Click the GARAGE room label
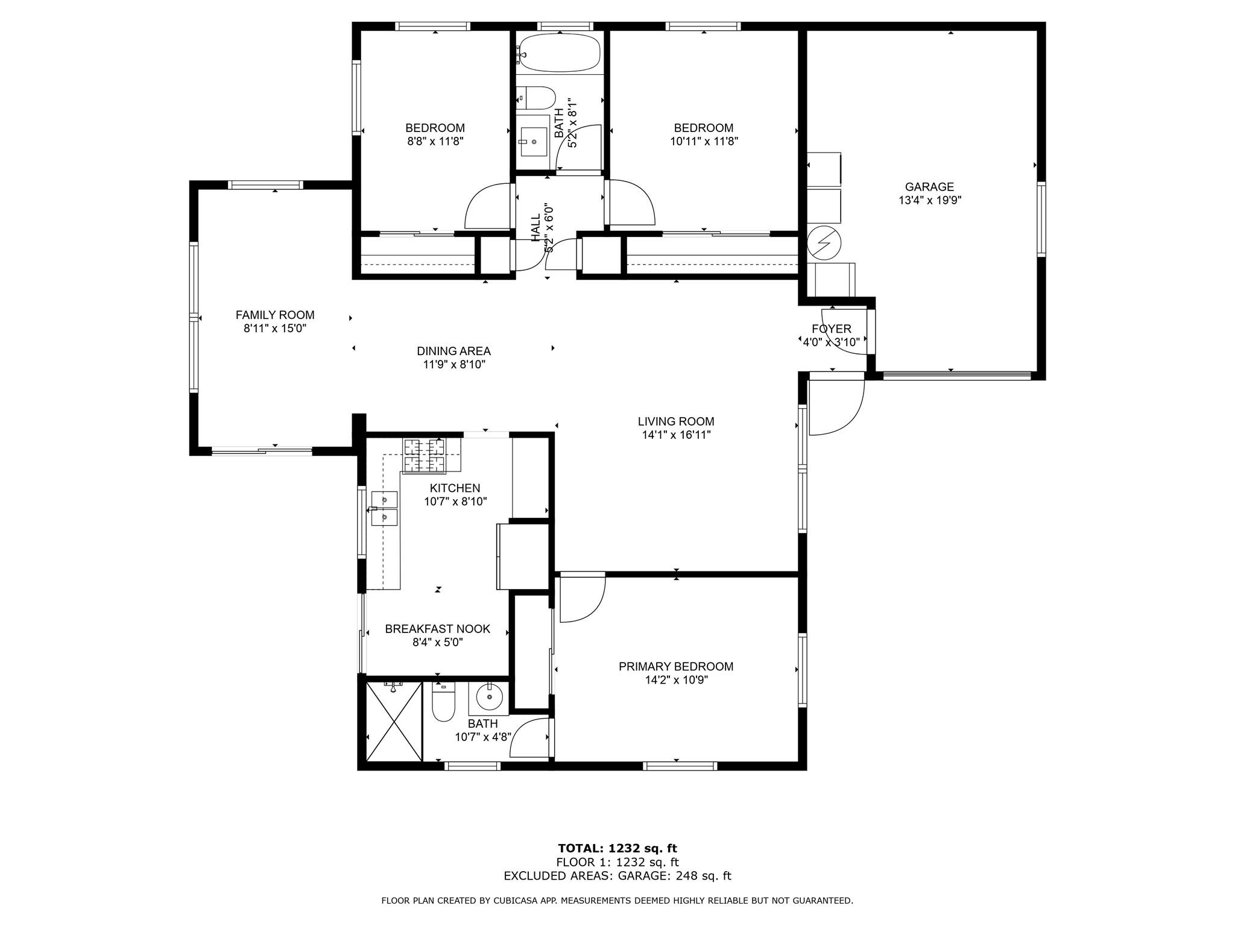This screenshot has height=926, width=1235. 929,187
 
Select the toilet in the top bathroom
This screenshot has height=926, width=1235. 536,98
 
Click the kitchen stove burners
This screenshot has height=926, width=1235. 424,455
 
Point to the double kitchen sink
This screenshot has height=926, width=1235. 385,508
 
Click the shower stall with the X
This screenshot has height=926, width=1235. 394,721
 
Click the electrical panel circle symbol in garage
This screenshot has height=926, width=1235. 824,242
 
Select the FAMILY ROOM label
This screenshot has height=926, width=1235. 275,315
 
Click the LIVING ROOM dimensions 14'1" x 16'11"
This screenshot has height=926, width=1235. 676,435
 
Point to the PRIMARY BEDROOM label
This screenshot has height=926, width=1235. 676,666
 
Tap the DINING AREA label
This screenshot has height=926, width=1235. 453,351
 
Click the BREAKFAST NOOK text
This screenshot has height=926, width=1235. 438,629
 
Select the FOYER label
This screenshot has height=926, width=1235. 832,329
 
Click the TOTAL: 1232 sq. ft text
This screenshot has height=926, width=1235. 617,849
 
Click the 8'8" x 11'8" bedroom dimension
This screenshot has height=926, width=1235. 435,142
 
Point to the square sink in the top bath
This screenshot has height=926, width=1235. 534,142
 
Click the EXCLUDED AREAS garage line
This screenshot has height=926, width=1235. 617,876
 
